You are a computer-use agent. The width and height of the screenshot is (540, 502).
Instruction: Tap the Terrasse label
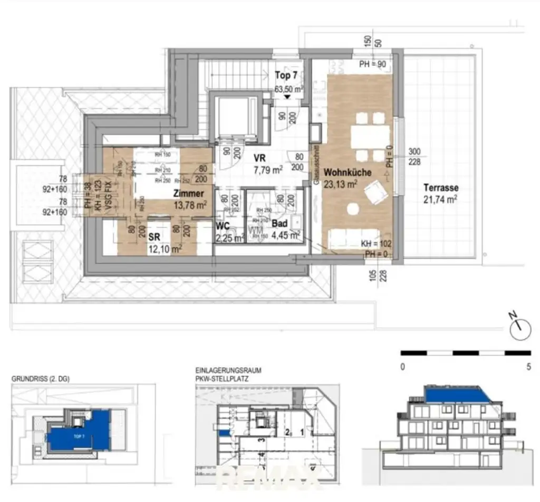[440, 187]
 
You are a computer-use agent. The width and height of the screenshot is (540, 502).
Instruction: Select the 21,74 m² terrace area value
[440, 199]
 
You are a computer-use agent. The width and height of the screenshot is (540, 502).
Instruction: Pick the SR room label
[154, 237]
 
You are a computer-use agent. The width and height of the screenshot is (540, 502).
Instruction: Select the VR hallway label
[259, 158]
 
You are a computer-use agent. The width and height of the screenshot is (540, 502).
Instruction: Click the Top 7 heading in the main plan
[286, 75]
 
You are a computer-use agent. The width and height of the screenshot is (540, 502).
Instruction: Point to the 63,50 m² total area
[288, 89]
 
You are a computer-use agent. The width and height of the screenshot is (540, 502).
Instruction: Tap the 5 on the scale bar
[528, 367]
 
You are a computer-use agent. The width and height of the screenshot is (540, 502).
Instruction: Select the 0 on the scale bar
[402, 367]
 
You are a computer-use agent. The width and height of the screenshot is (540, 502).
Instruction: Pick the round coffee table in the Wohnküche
[352, 210]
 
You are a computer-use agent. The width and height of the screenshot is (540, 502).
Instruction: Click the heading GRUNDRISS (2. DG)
[40, 379]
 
